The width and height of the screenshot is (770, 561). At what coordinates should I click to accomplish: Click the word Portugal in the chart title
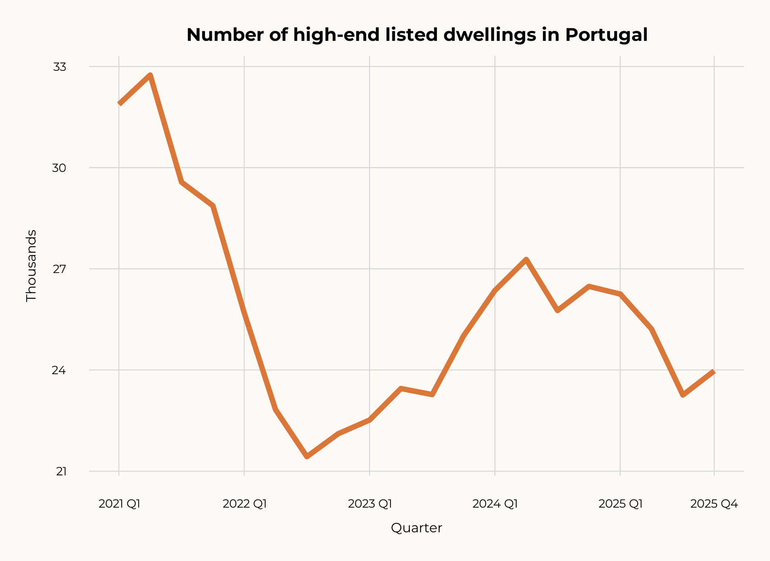coord(606,35)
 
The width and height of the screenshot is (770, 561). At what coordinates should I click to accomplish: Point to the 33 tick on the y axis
coord(59,67)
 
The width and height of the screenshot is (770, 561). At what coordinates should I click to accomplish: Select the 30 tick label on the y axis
coord(59,168)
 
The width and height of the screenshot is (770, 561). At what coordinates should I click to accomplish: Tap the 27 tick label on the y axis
coord(59,269)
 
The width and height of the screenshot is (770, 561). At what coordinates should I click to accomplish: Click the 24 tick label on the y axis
coord(59,370)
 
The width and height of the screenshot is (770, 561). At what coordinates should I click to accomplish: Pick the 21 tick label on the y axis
coord(61,471)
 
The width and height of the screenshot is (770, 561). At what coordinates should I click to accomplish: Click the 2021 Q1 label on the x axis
coord(119,504)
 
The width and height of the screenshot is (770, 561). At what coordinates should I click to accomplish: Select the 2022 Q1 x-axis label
coord(245,504)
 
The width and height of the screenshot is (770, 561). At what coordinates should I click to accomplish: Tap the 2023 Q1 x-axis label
coord(370,504)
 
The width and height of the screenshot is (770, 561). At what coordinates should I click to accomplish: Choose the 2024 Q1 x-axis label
coord(495,504)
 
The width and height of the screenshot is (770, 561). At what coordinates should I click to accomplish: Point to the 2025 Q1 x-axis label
coord(620,504)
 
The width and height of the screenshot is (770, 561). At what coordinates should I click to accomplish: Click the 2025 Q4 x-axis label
coord(714,504)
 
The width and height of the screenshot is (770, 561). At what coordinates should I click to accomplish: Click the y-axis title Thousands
coord(31,266)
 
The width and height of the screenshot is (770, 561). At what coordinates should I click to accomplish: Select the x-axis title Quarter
coord(416,528)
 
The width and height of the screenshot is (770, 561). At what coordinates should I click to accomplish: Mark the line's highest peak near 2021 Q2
coord(150,75)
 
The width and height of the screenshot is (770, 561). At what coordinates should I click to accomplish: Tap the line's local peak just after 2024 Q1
coord(526,259)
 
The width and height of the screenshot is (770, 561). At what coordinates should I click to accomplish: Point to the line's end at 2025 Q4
coord(713,372)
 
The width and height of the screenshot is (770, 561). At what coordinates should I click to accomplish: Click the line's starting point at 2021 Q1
coord(120,104)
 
